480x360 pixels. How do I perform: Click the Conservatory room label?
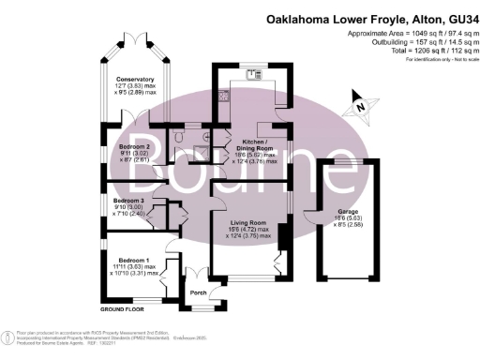pos(128,80)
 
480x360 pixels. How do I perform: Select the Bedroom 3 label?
pos(129,201)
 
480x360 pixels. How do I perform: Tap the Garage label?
pos(350,211)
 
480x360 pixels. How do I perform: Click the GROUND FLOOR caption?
pos(123,307)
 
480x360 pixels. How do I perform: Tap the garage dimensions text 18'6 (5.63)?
pos(350,218)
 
